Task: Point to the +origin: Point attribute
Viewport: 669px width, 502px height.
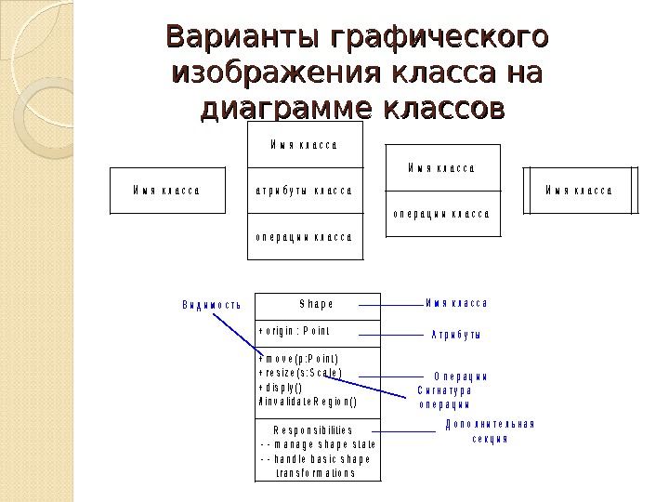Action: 295,331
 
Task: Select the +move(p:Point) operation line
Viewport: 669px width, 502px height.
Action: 298,359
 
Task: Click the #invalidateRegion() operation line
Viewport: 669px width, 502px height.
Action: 307,403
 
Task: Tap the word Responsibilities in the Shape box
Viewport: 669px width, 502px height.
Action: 313,430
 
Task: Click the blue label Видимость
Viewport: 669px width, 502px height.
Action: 211,304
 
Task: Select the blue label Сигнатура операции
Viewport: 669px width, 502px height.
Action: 444,398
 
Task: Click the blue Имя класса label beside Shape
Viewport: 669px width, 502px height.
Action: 456,303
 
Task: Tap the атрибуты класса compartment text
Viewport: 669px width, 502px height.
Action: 304,191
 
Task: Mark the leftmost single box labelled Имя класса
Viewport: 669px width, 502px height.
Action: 167,191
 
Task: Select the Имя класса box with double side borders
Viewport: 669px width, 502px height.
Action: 579,191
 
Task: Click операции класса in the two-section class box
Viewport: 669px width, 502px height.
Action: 440,213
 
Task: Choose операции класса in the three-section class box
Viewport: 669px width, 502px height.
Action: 304,236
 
